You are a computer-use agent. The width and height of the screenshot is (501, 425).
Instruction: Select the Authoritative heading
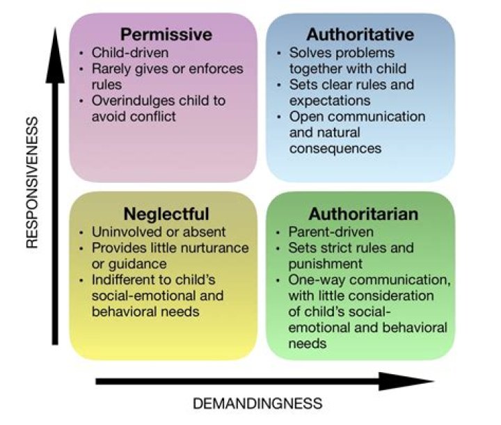[x=360, y=33]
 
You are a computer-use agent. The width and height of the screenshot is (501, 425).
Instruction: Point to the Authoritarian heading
[x=363, y=214]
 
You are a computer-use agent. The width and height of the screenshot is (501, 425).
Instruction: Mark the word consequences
[x=328, y=147]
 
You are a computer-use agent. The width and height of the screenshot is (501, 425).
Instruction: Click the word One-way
[x=310, y=280]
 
